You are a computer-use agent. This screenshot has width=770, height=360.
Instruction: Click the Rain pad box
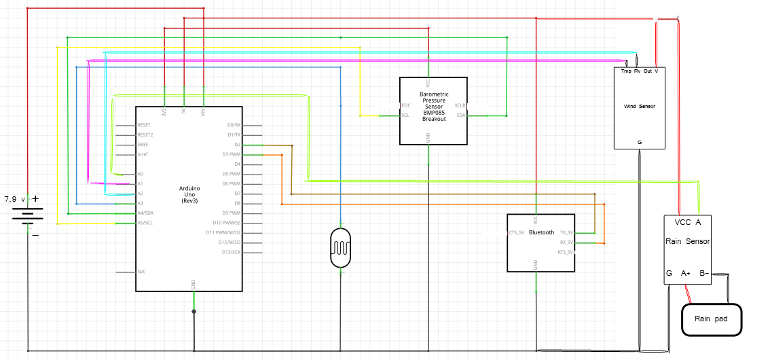(711, 319)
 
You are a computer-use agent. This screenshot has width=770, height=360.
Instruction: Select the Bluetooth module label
(541, 232)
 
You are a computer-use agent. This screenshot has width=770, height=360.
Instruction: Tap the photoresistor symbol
(340, 249)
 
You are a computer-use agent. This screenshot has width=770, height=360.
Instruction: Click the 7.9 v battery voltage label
(14, 200)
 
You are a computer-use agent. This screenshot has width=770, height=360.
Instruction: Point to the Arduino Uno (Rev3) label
(189, 195)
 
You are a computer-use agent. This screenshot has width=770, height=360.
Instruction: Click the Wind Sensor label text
(639, 107)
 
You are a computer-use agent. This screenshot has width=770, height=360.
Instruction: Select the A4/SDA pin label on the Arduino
(146, 213)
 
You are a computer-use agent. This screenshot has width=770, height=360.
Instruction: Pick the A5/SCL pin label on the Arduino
(146, 223)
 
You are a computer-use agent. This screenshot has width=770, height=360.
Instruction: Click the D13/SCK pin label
(231, 252)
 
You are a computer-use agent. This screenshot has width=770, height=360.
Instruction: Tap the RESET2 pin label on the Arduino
(146, 134)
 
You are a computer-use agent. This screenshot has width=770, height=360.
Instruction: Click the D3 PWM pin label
(231, 154)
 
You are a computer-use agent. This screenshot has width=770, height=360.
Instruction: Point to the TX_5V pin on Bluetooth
(566, 232)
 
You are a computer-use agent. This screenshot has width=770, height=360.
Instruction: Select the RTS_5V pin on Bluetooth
(566, 252)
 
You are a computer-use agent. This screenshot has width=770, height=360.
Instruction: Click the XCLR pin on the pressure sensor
(460, 105)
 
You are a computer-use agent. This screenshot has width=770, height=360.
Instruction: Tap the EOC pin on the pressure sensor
(406, 105)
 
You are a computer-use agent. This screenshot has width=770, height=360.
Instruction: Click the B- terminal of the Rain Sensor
(704, 274)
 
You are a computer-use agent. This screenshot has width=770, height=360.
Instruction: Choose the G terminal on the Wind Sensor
(639, 142)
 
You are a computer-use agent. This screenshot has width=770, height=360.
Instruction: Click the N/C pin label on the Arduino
(142, 272)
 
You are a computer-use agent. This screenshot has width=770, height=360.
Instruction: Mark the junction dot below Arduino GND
(194, 312)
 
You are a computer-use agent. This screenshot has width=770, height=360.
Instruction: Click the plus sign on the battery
(35, 199)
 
